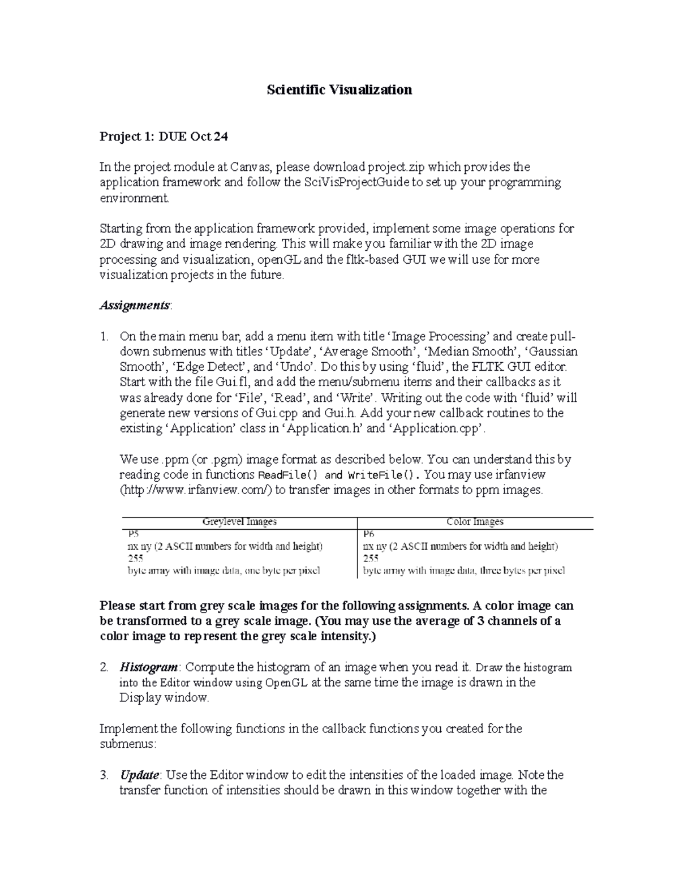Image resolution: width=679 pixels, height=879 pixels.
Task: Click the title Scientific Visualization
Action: point(339,89)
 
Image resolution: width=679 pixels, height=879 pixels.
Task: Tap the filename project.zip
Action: point(396,167)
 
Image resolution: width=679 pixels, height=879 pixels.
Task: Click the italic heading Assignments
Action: point(134,306)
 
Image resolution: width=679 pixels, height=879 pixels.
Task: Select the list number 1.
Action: point(104,336)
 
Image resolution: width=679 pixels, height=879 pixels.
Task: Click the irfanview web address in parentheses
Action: point(196,490)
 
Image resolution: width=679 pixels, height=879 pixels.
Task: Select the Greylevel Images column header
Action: point(239,522)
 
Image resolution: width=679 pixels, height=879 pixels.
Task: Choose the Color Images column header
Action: point(475,522)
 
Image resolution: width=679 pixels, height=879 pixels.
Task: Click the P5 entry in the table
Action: point(133,534)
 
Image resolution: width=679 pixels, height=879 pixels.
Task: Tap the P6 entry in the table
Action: point(368,534)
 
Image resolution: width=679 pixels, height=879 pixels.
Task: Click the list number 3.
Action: point(104,775)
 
